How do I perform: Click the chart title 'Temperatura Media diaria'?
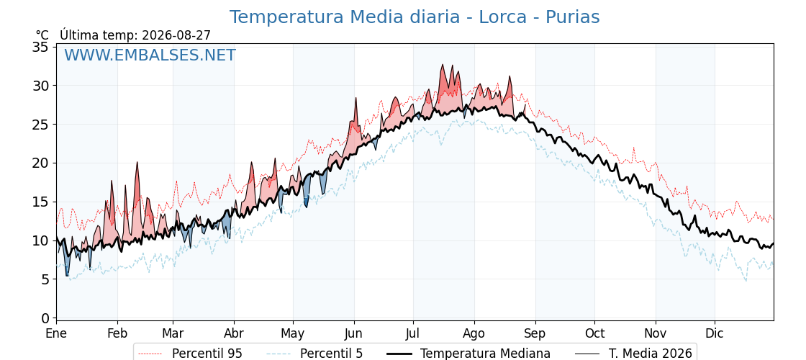pyautogui.click(x=345, y=17)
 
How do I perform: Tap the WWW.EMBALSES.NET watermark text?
pyautogui.click(x=150, y=55)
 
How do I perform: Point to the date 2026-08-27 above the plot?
pyautogui.click(x=176, y=35)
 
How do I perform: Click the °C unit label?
pyautogui.click(x=42, y=35)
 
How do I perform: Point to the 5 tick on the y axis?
pyautogui.click(x=46, y=279)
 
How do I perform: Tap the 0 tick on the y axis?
pyautogui.click(x=46, y=318)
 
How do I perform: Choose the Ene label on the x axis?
pyautogui.click(x=56, y=333)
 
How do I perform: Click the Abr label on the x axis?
pyautogui.click(x=234, y=333)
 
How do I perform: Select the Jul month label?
pyautogui.click(x=414, y=333)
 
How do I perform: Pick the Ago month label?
pyautogui.click(x=474, y=333)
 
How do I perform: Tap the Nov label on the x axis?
pyautogui.click(x=656, y=333)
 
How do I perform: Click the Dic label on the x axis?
pyautogui.click(x=715, y=333)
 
